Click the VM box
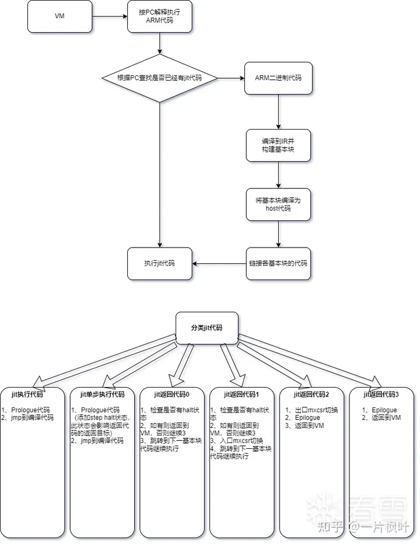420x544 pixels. click(60, 16)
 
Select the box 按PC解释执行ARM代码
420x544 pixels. click(160, 16)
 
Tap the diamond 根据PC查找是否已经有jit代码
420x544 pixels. click(159, 78)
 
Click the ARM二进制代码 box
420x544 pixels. click(278, 78)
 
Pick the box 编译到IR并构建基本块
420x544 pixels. click(278, 146)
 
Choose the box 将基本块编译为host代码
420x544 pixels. click(278, 204)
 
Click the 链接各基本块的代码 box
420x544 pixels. click(278, 263)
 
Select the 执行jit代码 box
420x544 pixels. click(160, 263)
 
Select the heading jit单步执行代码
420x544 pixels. click(102, 395)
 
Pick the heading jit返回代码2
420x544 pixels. click(311, 395)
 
